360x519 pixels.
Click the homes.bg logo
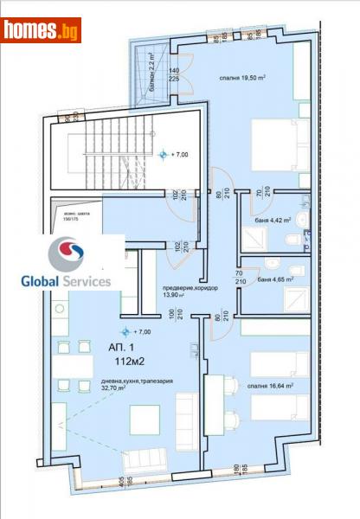[x=41, y=30]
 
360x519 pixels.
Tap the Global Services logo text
[x=66, y=281]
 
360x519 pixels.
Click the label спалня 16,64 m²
[x=267, y=387]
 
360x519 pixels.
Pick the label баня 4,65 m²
[x=269, y=279]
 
